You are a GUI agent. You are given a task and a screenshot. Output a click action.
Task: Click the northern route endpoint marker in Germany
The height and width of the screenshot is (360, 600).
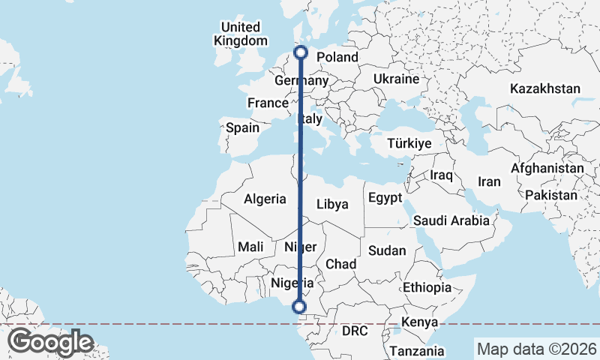coord(301,52)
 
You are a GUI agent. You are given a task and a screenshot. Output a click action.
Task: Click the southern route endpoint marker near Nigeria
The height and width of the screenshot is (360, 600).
coord(299,307)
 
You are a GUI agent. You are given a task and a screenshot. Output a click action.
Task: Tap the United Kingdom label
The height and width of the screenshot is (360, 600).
coord(240,34)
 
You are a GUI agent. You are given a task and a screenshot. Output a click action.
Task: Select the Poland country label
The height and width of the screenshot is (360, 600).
coord(338,58)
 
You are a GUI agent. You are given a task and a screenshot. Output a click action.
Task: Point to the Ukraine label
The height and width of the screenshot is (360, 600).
coord(396,79)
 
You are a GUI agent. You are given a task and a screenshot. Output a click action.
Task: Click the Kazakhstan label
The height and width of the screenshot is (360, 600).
coord(545,88)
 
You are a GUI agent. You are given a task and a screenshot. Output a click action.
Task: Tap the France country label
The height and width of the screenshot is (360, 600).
coord(268,103)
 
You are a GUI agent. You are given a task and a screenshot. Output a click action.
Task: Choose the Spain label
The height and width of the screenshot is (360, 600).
coord(242,127)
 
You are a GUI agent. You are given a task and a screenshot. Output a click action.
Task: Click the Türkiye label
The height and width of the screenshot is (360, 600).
coord(409,143)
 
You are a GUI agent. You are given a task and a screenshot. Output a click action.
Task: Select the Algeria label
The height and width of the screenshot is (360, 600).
coord(265,199)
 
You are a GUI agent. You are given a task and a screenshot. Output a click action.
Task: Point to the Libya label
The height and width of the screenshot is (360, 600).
coord(332,204)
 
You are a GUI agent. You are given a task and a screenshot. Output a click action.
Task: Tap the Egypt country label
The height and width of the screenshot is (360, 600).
coord(385,198)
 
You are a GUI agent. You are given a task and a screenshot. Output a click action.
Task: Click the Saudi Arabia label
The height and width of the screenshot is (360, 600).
coord(451,220)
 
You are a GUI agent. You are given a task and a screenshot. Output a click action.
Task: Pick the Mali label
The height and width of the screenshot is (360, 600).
coord(249,246)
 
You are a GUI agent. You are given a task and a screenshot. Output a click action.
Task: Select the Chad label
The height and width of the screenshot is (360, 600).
coord(340,264)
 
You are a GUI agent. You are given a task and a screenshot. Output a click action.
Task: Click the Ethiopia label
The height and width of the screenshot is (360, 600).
coord(427,287)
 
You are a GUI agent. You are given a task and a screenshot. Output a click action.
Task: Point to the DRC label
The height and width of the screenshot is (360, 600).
coord(355,330)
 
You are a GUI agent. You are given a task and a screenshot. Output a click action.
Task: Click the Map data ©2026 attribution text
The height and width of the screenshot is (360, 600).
coord(535,349)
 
